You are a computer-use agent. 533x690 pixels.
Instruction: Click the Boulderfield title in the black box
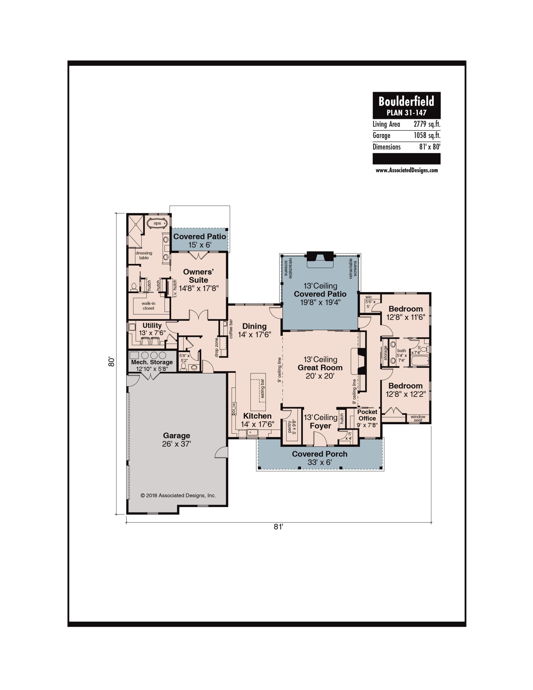(x=406, y=101)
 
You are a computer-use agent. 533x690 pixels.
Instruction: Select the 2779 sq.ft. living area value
(x=427, y=124)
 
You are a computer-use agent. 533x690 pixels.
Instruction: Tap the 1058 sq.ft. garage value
(x=427, y=136)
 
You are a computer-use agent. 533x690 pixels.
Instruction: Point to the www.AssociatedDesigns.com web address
(x=407, y=170)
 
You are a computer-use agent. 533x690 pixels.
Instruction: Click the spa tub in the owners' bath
(x=157, y=223)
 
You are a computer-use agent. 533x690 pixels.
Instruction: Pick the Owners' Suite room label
(x=198, y=276)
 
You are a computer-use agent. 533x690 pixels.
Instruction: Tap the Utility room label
(x=152, y=325)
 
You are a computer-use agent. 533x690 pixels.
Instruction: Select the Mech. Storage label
(x=152, y=362)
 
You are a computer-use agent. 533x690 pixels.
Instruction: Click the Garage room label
(x=176, y=436)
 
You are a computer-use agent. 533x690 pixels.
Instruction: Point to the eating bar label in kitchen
(x=262, y=388)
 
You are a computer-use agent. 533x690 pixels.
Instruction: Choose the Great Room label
(x=320, y=367)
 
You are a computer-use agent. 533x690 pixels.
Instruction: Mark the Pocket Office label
(x=367, y=415)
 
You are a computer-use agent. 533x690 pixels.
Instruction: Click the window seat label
(x=418, y=418)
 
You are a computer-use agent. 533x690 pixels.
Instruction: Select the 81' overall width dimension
(x=278, y=527)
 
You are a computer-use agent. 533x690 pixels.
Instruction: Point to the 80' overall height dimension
(x=111, y=362)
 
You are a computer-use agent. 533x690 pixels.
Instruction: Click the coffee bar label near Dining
(x=231, y=329)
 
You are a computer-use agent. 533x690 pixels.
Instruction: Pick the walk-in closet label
(x=148, y=306)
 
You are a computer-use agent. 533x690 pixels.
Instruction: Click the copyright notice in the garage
(x=178, y=495)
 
